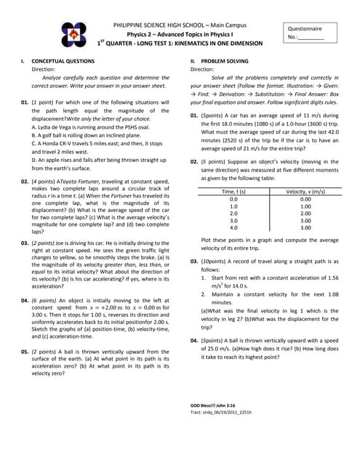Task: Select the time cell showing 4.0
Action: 233,228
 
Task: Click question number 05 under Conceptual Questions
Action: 25,351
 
